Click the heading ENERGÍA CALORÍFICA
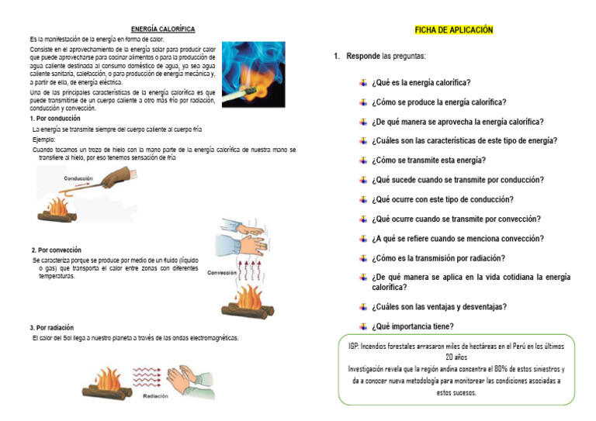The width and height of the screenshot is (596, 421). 162,29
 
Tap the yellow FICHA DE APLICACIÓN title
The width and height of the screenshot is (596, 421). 454,29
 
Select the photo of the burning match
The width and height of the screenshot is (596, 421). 253,74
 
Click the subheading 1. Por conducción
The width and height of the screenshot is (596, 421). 54,119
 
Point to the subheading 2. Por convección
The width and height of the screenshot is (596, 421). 56,250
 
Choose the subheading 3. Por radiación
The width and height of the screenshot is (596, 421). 53,327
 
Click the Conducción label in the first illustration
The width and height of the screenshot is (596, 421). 78,178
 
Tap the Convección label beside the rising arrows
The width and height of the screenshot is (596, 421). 223,272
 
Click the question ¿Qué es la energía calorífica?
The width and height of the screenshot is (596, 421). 421,83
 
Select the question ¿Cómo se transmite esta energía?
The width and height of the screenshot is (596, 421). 428,160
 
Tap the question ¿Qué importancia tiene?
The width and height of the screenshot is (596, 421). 412,326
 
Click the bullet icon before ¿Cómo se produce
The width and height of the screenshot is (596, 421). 362,102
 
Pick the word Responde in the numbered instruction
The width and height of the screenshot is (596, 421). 363,57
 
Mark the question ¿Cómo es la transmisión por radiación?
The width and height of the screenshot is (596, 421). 438,258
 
